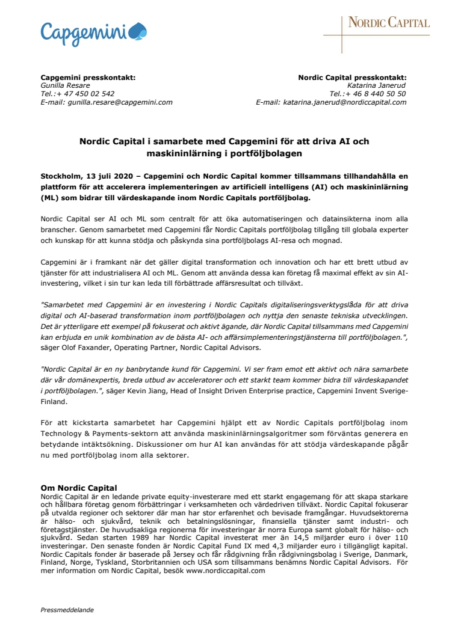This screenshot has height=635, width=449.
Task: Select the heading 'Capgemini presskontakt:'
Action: pyautogui.click(x=88, y=78)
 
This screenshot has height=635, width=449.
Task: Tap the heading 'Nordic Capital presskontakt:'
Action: pyautogui.click(x=352, y=78)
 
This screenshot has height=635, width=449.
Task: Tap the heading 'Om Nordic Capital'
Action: pyautogui.click(x=78, y=487)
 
